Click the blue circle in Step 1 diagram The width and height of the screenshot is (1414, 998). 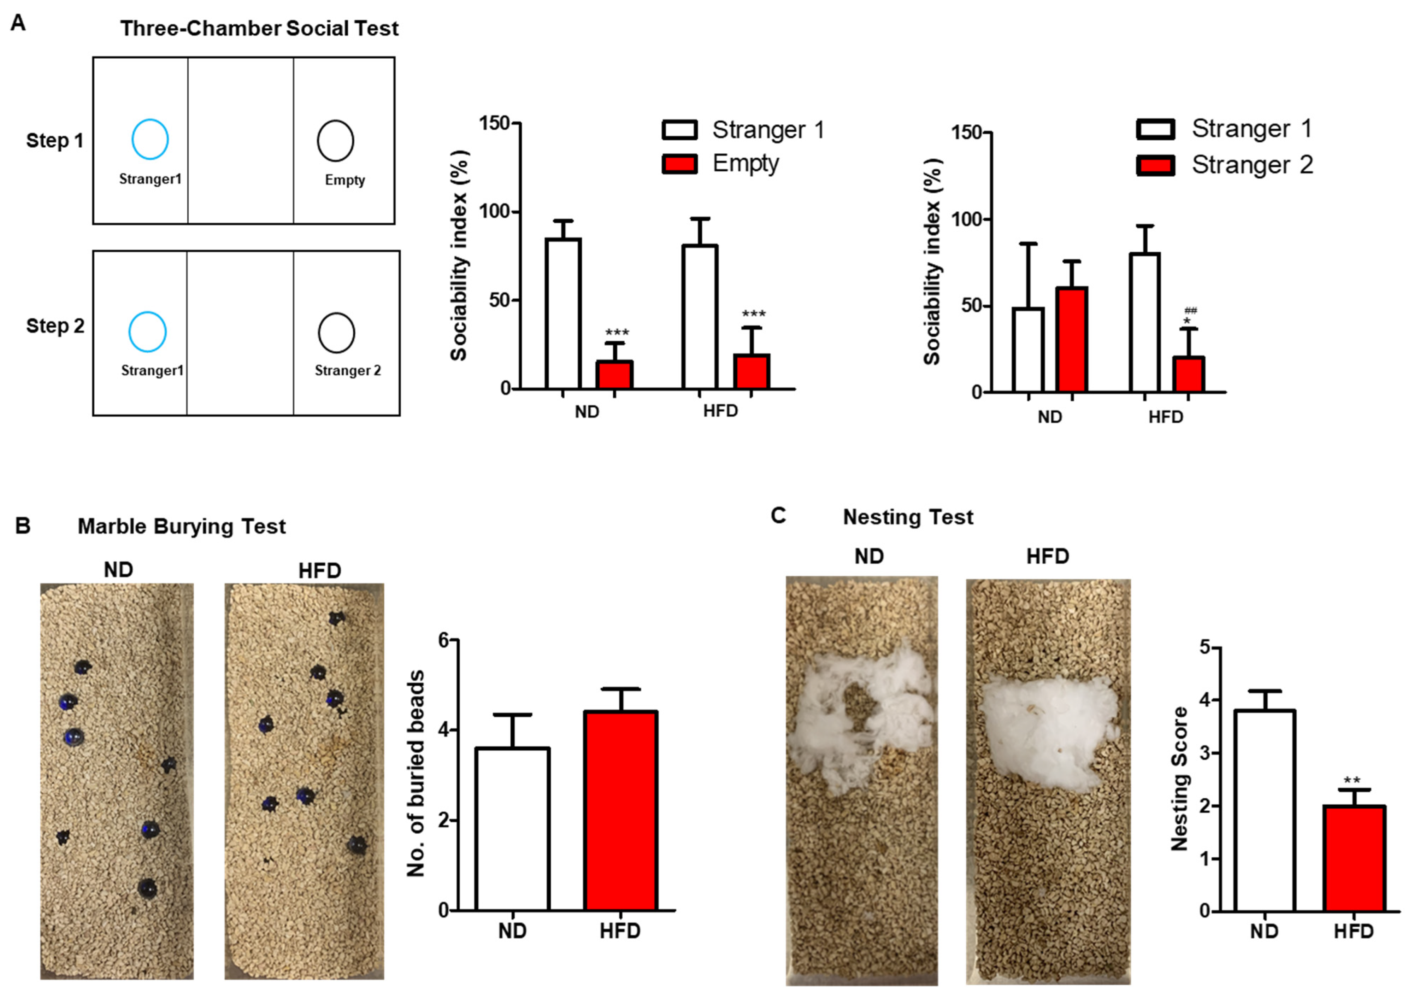point(150,139)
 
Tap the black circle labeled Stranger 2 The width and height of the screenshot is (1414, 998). point(336,333)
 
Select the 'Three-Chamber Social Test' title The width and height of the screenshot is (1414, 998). point(259,28)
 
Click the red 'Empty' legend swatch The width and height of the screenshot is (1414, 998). point(679,164)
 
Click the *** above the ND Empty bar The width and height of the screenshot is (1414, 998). point(617,333)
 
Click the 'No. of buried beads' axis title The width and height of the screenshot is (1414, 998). point(416,774)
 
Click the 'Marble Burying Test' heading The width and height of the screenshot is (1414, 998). point(182,526)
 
